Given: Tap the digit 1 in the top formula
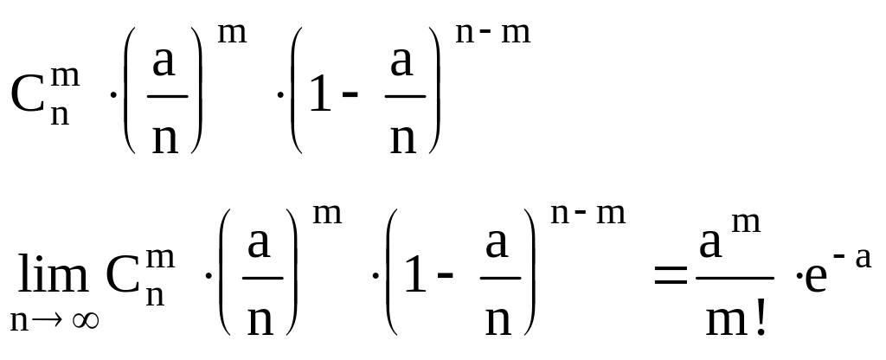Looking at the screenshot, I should (319, 95).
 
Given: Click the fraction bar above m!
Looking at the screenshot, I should (734, 278).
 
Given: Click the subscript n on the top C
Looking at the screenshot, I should (60, 115).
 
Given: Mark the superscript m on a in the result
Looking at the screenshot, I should (745, 223).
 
